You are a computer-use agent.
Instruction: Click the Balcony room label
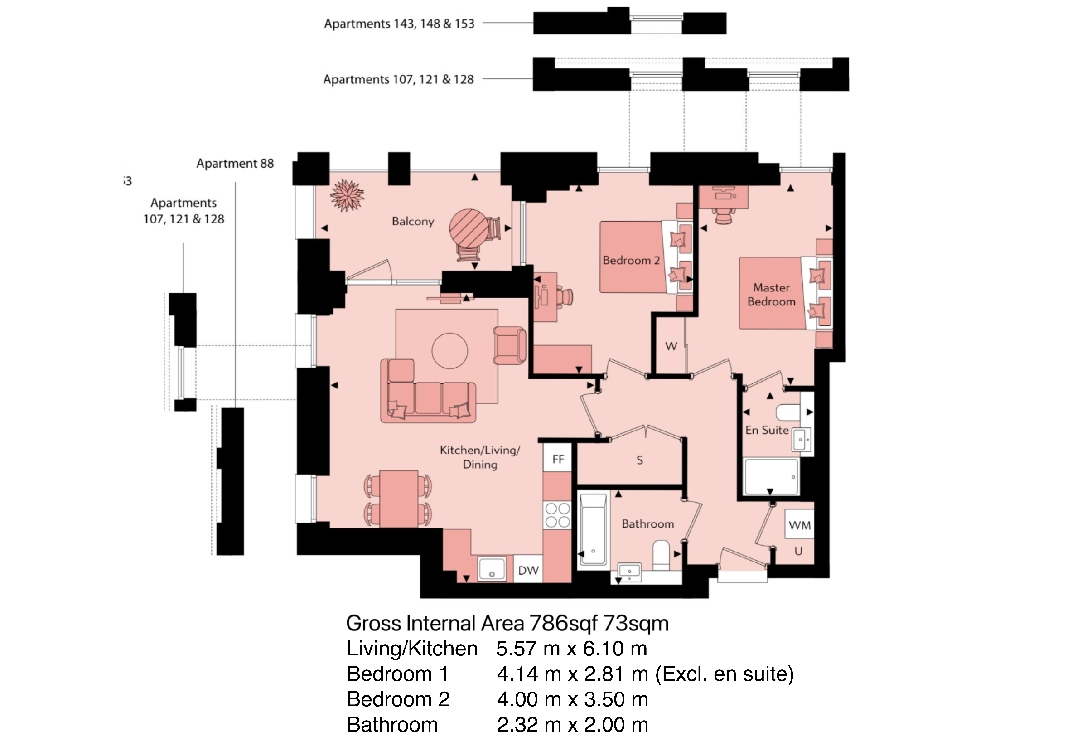413,222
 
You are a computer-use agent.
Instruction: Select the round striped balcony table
469,228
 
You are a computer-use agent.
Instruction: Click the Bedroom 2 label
631,260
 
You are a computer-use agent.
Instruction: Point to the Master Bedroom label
772,295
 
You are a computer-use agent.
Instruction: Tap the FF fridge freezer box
558,459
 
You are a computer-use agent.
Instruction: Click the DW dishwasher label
528,570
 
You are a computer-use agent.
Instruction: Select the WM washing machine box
800,524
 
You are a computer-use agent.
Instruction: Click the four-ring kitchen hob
557,515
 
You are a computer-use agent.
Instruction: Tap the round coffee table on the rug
449,351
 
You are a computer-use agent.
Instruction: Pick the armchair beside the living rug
510,345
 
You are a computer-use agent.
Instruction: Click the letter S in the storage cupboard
639,460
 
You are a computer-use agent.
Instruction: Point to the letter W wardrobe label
671,346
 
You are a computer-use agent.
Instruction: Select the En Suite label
767,430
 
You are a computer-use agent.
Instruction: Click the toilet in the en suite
788,412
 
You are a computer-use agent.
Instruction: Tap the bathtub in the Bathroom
593,529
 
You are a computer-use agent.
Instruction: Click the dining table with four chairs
399,499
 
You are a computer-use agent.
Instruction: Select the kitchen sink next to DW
492,569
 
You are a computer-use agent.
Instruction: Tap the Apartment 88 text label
235,164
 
